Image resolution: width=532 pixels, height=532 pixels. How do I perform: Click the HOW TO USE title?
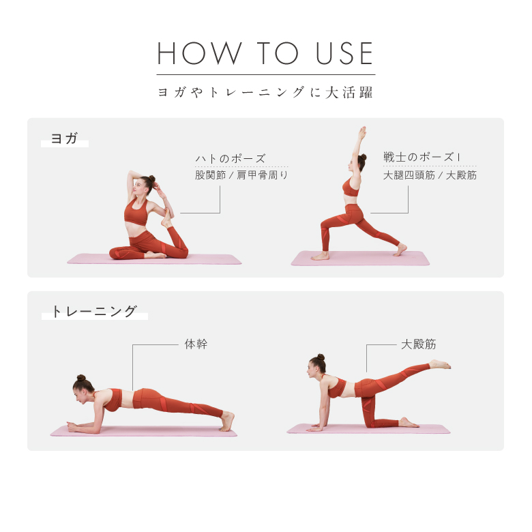point(265,54)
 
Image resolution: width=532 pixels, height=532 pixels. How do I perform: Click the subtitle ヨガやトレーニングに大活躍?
point(265,92)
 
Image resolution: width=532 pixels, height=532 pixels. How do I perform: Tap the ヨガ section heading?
point(65,139)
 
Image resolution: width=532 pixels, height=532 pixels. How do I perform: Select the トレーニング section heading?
point(95,312)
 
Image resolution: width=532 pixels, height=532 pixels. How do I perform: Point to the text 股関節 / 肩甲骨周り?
point(241,175)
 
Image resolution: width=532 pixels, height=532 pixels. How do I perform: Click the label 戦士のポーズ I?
point(422,158)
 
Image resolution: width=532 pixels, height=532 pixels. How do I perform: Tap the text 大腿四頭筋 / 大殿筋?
point(430,175)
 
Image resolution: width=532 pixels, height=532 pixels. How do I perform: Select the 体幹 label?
point(196,344)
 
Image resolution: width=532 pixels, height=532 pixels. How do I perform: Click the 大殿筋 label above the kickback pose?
point(419,344)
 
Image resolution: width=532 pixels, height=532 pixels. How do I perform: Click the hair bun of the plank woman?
point(80,378)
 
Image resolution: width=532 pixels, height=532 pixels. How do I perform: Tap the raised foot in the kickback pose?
point(441,365)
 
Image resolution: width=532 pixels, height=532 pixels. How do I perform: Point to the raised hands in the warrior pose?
point(362,132)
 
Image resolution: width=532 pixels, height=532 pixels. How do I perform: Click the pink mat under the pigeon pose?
point(154,259)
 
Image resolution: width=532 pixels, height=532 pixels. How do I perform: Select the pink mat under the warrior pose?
point(360,258)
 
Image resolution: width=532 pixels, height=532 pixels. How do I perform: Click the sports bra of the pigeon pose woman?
point(135,214)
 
